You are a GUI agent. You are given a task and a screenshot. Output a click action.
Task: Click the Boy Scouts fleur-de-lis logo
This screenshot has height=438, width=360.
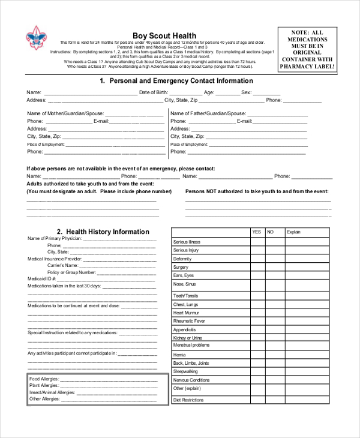pyautogui.click(x=35, y=38)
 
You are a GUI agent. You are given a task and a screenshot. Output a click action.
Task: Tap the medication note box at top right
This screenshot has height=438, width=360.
pyautogui.click(x=307, y=50)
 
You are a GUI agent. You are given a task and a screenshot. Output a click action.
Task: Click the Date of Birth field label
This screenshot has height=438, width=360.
pyautogui.click(x=154, y=92)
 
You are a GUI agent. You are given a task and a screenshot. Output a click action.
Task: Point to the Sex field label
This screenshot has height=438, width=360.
pyautogui.click(x=246, y=92)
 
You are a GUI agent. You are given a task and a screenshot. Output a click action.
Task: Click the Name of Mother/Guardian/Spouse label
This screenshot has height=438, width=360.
pyautogui.click(x=65, y=113)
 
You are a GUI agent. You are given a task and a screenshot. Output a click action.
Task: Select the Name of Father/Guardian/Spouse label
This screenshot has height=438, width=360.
pyautogui.click(x=208, y=113)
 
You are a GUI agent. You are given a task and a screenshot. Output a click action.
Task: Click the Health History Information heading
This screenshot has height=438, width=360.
pyautogui.click(x=103, y=232)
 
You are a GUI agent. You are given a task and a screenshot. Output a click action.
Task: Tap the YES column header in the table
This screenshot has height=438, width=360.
pyautogui.click(x=257, y=232)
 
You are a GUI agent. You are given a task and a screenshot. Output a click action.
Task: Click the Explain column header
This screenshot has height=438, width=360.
pyautogui.click(x=293, y=232)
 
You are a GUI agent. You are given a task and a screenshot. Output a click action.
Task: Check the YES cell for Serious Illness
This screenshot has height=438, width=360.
pyautogui.click(x=257, y=242)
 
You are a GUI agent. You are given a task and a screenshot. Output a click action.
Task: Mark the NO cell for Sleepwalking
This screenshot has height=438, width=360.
pyautogui.click(x=274, y=371)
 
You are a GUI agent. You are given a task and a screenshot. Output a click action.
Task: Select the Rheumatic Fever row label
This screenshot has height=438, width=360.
pyautogui.click(x=189, y=321)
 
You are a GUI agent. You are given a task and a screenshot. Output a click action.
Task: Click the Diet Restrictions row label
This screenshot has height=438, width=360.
pyautogui.click(x=188, y=400)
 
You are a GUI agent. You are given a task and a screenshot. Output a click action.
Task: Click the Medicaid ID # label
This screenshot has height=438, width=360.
pyautogui.click(x=42, y=279)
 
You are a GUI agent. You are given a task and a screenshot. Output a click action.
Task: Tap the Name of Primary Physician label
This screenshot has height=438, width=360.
pyautogui.click(x=55, y=238)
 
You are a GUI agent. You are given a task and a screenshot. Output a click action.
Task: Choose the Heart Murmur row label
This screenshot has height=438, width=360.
pyautogui.click(x=186, y=313)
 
